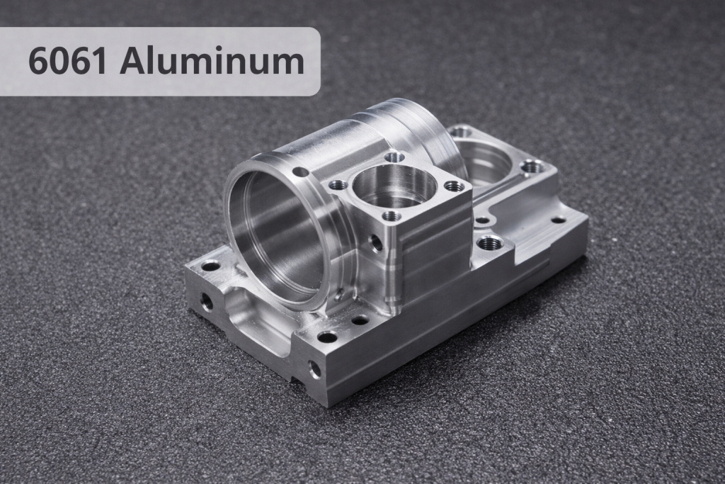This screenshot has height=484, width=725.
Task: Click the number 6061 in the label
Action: point(69,62)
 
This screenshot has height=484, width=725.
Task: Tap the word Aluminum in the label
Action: point(212,62)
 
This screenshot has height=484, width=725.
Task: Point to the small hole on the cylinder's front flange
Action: point(300,171)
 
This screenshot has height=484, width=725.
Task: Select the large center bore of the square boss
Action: point(394,186)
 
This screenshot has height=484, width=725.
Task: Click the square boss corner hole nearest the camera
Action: point(391,215)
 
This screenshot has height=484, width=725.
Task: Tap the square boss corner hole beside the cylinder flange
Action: point(338,185)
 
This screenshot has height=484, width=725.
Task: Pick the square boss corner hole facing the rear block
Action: point(454,186)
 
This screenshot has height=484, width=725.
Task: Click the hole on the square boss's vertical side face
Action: point(376,244)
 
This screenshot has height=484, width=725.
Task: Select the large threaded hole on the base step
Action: point(490,243)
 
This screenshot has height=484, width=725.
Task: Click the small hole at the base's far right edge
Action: point(559,220)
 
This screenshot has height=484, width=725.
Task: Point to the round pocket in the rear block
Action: point(484,162)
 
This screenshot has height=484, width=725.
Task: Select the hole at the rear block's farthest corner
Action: point(461,132)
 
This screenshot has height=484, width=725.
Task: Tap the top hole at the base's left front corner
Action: point(210,266)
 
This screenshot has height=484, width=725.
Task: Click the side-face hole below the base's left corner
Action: point(207,302)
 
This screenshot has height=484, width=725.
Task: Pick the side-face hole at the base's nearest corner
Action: point(314,369)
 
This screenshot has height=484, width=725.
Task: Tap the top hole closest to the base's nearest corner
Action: point(327,337)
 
